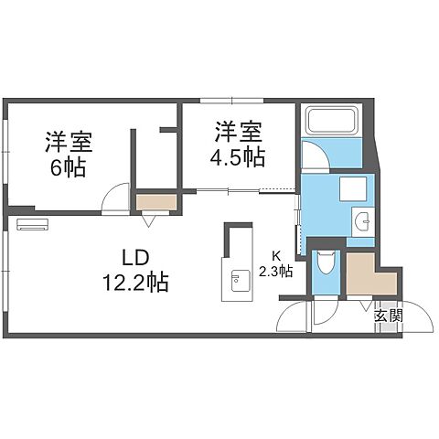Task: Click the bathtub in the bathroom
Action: [x=332, y=122]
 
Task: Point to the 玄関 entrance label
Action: [x=388, y=316]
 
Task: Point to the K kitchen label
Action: [x=274, y=257]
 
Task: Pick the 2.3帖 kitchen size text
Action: [x=275, y=271]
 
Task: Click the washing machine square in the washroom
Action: [x=351, y=189]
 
